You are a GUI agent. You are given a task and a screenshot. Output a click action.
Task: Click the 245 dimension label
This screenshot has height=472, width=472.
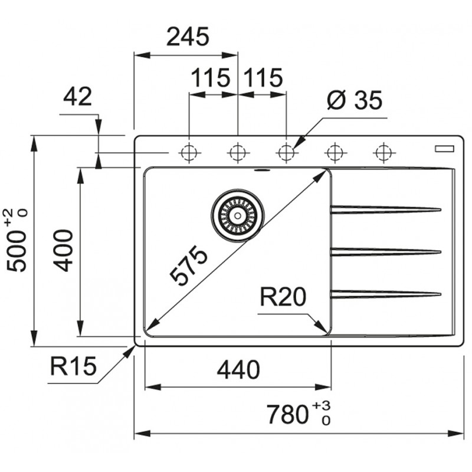coord(188,37)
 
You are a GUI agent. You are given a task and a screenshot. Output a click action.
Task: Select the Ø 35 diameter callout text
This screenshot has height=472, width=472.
coord(355,100)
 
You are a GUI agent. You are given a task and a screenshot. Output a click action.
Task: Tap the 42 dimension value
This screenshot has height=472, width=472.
coord(77,97)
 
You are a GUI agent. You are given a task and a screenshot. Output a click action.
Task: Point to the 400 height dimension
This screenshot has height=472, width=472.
coord(63,250)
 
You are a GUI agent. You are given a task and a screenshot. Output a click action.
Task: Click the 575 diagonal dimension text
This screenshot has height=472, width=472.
coord(188,265)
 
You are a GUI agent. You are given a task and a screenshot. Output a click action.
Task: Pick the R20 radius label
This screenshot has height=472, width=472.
coord(283,297)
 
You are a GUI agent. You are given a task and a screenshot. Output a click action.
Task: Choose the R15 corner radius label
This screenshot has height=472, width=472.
coord(73,366)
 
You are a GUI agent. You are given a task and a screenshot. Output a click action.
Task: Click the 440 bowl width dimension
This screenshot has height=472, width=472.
coord(238,370)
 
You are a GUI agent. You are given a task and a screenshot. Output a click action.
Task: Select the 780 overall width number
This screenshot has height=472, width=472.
coord(287,415)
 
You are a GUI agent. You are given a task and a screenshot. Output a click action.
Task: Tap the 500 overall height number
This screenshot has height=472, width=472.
coord(17,251)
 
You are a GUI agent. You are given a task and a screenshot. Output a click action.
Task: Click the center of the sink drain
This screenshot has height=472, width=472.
coord(238,215)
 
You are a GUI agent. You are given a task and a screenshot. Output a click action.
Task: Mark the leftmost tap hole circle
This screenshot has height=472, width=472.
coord(189,153)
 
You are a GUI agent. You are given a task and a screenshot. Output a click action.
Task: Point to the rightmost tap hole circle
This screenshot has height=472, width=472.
coord(383,153)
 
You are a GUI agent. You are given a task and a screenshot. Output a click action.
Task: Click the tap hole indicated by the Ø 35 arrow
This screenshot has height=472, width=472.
coord(286,153)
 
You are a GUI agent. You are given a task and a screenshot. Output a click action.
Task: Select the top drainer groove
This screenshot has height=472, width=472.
coord(386,209)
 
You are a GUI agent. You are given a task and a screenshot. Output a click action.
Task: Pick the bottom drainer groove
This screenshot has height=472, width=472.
coord(386,294)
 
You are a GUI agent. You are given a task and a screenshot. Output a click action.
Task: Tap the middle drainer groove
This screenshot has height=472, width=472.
coord(386,252)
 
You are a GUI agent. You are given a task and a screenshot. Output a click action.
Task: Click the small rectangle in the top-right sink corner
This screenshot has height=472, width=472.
coord(444,149)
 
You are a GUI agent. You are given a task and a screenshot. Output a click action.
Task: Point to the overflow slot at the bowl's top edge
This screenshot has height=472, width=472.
coord(263,171)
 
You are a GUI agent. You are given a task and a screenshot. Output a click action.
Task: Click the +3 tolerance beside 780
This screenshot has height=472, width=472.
coord(322,406)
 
